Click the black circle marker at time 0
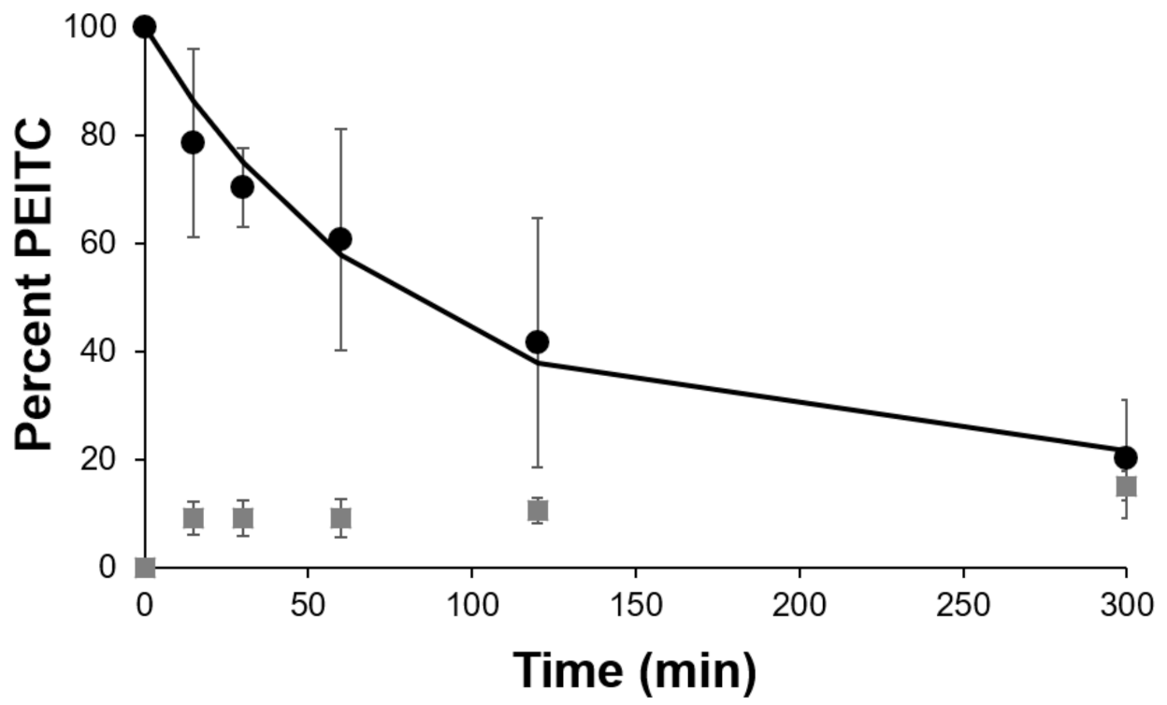point(144,26)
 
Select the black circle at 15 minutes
point(193,142)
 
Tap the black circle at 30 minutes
point(242,186)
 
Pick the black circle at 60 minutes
point(340,238)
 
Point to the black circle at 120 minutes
point(537,341)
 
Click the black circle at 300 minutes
point(1126,456)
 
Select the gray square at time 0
point(145,567)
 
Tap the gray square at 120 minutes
point(538,510)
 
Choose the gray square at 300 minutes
point(1126,485)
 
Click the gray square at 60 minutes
point(340,517)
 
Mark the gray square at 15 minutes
point(193,517)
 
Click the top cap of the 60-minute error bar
point(340,129)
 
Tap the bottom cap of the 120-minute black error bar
point(537,467)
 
